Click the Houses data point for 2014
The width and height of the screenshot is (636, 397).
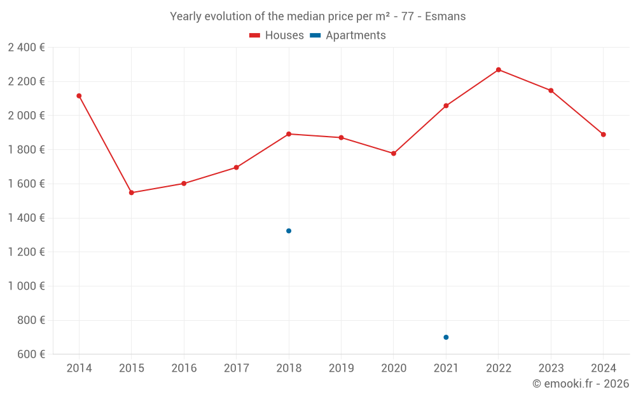click(x=79, y=96)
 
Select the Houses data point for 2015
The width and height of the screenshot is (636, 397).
click(x=132, y=192)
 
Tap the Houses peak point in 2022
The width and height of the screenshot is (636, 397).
click(x=499, y=70)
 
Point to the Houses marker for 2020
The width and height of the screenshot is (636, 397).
click(x=394, y=154)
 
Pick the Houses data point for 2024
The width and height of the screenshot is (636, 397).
click(x=604, y=135)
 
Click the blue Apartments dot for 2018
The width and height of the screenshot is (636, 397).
click(x=289, y=231)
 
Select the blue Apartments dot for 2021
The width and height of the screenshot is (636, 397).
click(x=446, y=337)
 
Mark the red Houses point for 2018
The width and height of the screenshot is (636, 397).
click(x=289, y=134)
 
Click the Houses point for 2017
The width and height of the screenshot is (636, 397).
click(x=237, y=168)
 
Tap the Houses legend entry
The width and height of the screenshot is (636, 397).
click(x=277, y=36)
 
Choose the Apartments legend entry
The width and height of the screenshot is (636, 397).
click(x=348, y=36)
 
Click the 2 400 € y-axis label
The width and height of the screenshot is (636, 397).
click(x=26, y=47)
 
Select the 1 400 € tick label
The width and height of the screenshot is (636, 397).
click(x=26, y=218)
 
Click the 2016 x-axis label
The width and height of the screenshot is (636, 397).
click(x=184, y=368)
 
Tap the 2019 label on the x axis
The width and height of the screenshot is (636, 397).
click(x=341, y=368)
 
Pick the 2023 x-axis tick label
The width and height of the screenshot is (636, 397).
click(x=551, y=368)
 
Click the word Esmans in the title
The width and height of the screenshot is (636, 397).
click(x=446, y=17)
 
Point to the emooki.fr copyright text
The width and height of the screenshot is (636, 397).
click(x=581, y=384)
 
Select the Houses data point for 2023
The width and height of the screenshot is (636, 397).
click(x=551, y=91)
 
